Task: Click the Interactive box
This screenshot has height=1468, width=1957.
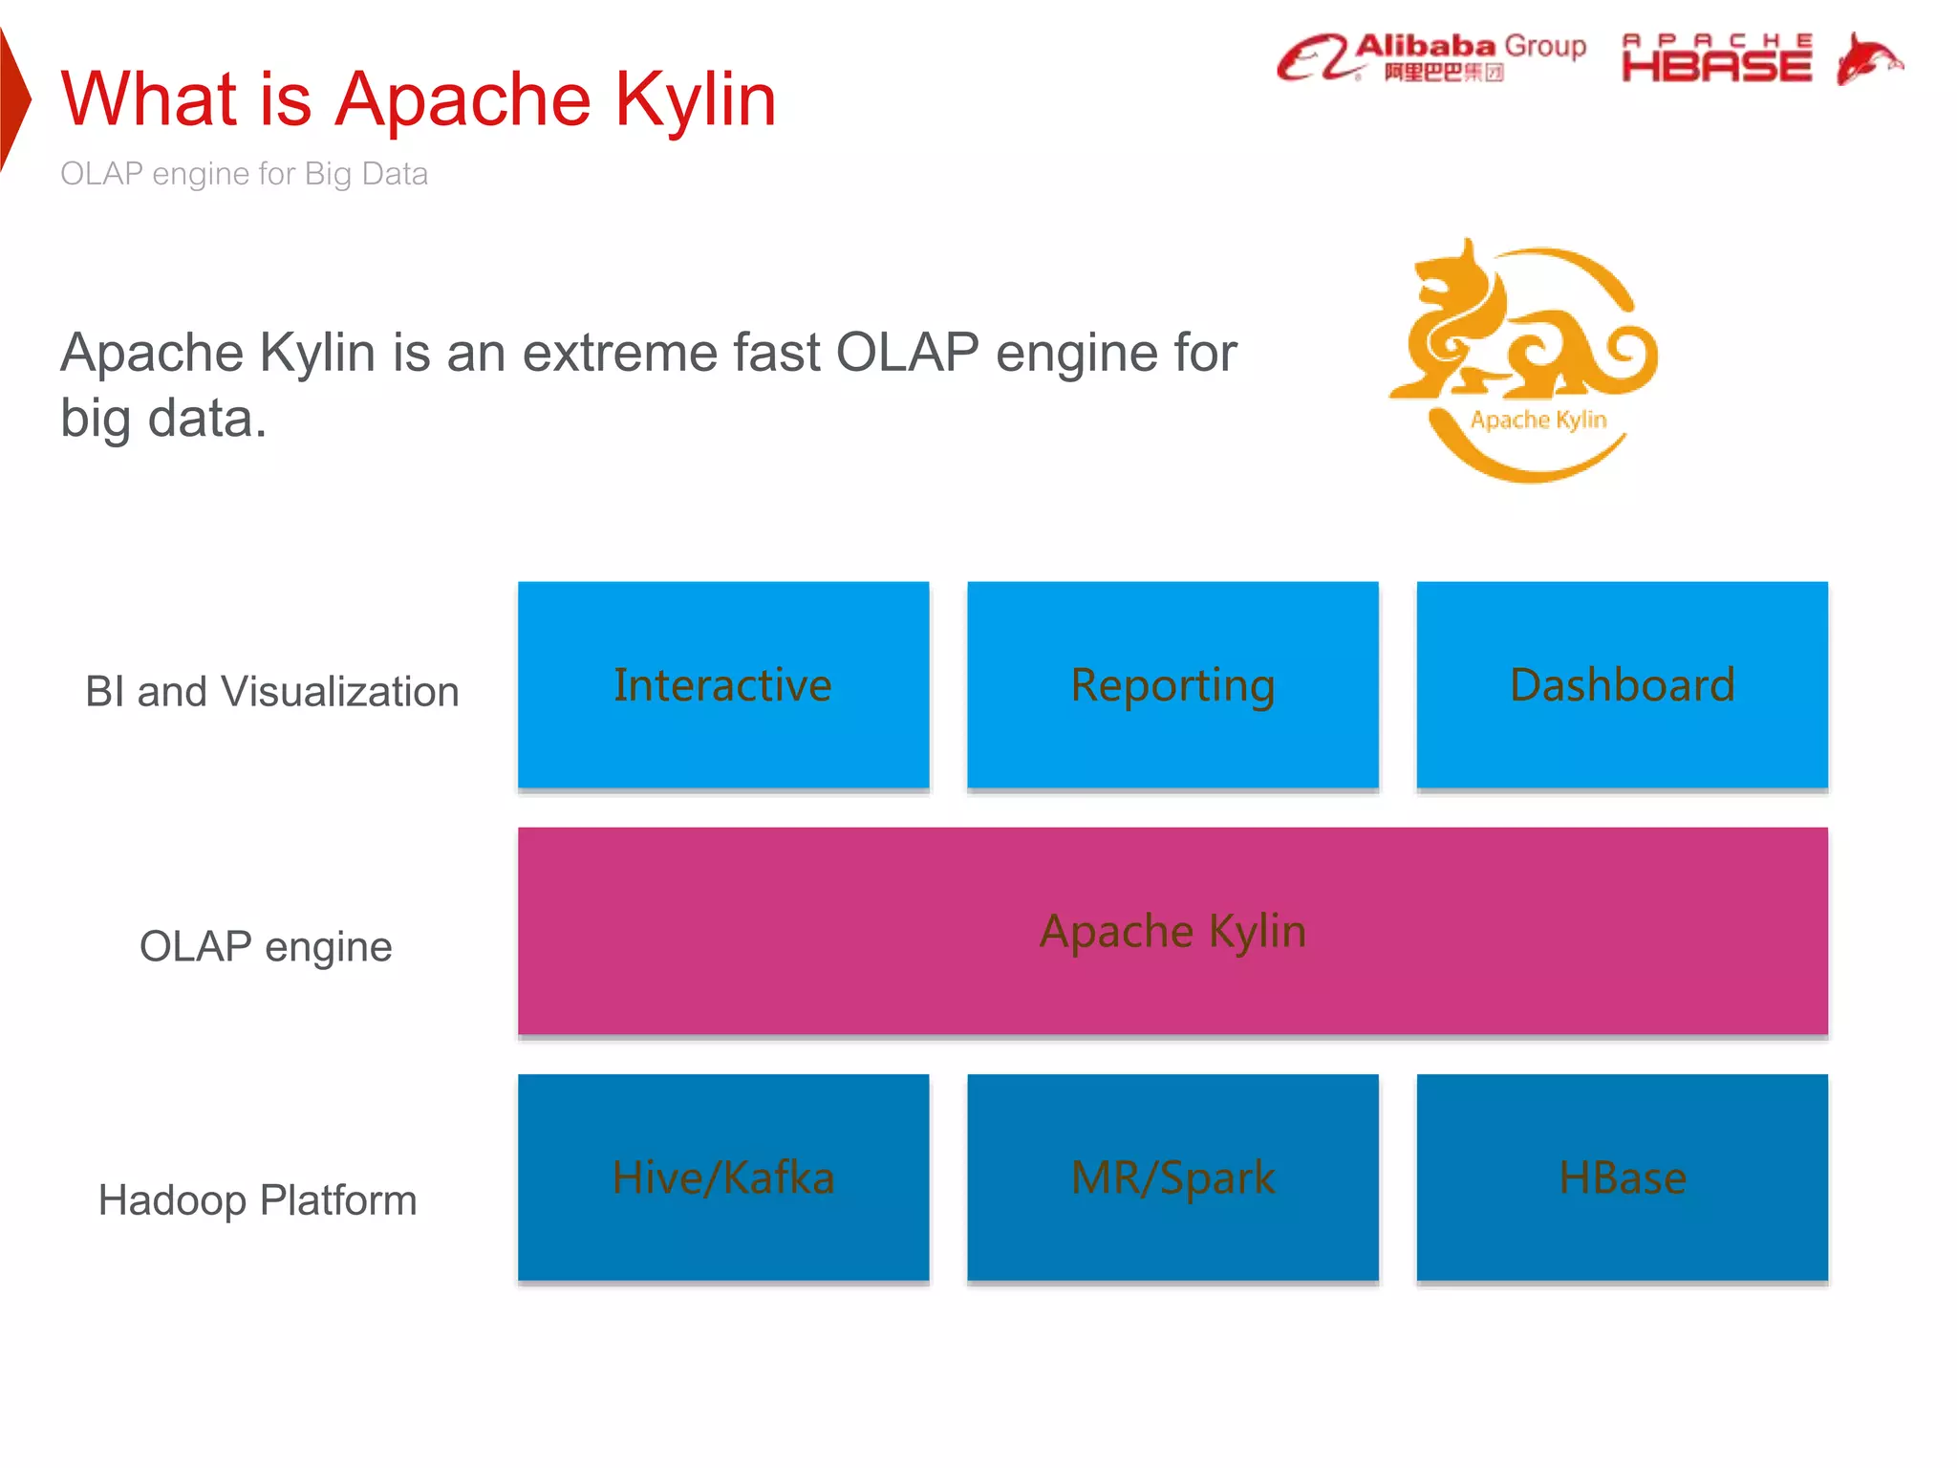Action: click(722, 684)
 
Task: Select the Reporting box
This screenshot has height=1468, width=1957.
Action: click(1172, 684)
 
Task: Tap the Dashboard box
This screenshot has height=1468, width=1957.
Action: click(1622, 684)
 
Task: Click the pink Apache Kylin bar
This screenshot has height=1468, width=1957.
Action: click(1172, 931)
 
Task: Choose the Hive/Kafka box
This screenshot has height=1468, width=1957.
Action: click(722, 1177)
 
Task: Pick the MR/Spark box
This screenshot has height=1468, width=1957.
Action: click(1172, 1177)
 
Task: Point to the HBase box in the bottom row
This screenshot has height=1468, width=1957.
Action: click(1622, 1177)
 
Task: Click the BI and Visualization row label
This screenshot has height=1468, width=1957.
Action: click(272, 691)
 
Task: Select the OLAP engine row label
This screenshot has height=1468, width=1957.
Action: click(266, 946)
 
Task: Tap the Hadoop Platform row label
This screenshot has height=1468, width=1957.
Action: click(258, 1200)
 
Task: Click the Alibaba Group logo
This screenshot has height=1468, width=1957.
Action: click(1430, 58)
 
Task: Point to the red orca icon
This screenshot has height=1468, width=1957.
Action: click(1868, 59)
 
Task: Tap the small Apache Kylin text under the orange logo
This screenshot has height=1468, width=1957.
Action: click(1538, 420)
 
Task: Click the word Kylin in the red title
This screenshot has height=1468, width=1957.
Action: click(696, 99)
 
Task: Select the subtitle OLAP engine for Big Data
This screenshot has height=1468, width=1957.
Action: click(244, 174)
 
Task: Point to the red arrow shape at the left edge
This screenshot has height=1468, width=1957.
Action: click(13, 99)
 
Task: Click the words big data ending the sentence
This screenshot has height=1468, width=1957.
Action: click(162, 419)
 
